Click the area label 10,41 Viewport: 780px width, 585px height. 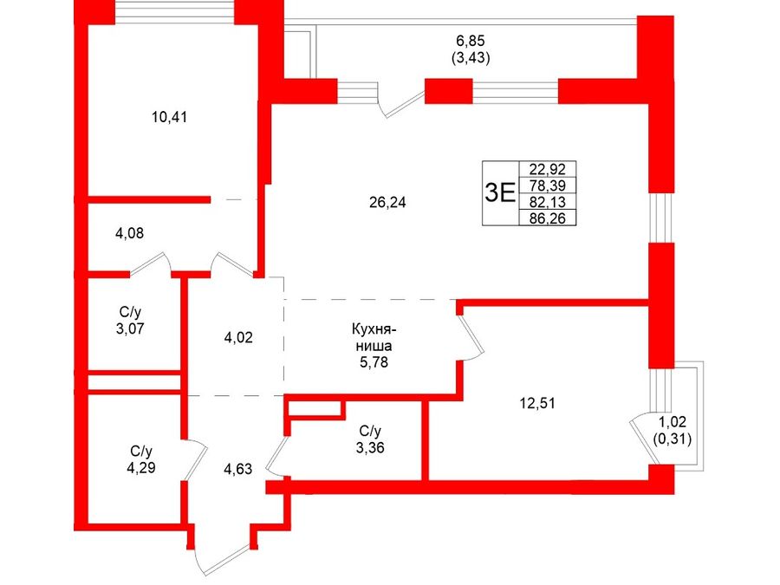(170, 117)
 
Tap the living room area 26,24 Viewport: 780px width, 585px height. (387, 203)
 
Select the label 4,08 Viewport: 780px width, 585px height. (129, 233)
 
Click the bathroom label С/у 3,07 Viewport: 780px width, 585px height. (130, 321)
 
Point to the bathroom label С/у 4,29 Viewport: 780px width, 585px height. (141, 459)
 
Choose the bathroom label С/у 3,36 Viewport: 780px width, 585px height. (370, 439)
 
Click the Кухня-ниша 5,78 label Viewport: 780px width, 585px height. (374, 346)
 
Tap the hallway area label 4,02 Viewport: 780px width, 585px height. (238, 338)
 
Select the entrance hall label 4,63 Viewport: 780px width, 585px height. (237, 469)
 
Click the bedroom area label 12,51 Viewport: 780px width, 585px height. (537, 403)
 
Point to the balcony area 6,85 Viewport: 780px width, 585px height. (470, 40)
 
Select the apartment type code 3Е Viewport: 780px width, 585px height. (500, 193)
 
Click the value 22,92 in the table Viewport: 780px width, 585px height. (547, 169)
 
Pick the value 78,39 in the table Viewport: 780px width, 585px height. (547, 185)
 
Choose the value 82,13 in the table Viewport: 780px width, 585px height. (547, 201)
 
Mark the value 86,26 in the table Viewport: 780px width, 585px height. (547, 218)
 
